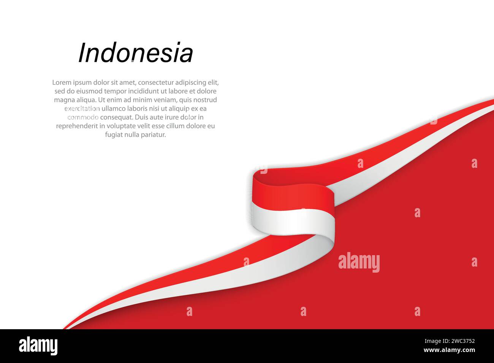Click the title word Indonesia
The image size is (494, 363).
[136, 53]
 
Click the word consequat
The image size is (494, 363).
[116, 117]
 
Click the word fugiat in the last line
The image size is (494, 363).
[113, 135]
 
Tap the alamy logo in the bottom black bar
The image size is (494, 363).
[38, 346]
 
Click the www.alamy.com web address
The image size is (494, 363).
[449, 350]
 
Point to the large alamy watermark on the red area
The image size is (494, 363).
[359, 262]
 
